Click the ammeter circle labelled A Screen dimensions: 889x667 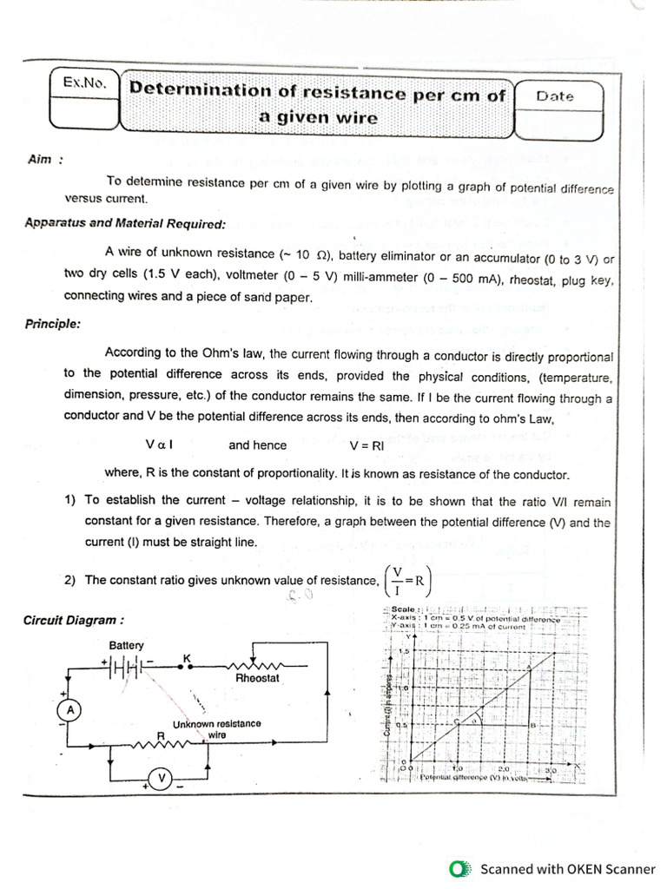coord(70,710)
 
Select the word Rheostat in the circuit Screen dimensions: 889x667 coord(257,678)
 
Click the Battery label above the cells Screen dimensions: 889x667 coord(127,646)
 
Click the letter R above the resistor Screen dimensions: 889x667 coord(161,734)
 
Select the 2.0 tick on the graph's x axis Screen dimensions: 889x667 coord(503,769)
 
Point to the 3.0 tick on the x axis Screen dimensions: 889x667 coord(549,769)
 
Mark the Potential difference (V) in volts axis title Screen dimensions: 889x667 coord(473,779)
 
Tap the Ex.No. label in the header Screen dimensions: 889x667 coord(84,83)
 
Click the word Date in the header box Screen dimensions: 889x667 coord(555,96)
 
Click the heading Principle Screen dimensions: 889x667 coord(53,324)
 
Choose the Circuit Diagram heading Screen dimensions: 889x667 coord(73,620)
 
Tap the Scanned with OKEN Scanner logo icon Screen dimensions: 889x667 coord(460,868)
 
